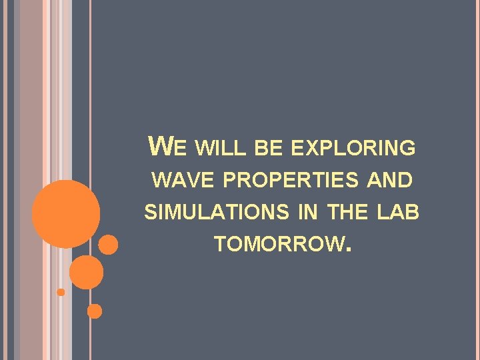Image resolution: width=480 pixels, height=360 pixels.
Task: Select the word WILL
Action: [223, 149]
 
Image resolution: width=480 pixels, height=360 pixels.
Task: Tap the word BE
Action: [269, 149]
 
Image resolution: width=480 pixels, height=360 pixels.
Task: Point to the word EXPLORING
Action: [353, 149]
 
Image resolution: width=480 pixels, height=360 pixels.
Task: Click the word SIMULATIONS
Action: [217, 213]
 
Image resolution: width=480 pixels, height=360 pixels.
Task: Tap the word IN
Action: [308, 213]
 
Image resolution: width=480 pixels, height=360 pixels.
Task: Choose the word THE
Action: [347, 213]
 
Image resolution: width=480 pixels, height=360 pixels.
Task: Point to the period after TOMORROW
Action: [345, 252]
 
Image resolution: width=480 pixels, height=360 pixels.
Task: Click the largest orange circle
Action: [66, 213]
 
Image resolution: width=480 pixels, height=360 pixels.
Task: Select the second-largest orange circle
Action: [87, 272]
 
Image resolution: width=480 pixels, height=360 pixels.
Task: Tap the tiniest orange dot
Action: [61, 292]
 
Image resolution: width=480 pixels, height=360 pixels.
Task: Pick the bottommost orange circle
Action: [95, 311]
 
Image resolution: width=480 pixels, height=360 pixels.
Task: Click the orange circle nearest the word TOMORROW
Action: [108, 245]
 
